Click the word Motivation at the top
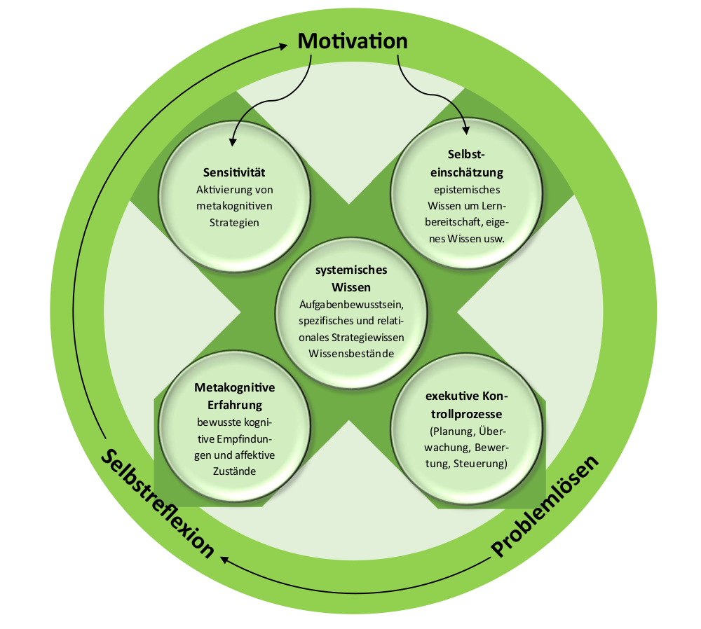click(353, 41)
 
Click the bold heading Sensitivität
click(234, 172)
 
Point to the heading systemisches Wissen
click(351, 279)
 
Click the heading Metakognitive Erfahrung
click(234, 396)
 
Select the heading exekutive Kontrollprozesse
click(465, 406)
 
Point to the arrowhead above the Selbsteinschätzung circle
click(466, 129)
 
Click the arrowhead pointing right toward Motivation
click(283, 46)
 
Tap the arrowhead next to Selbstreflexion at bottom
click(225, 558)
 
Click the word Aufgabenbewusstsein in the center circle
click(352, 305)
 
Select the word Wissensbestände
click(351, 353)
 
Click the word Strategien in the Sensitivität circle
click(234, 223)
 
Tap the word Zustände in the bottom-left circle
click(234, 471)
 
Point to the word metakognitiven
click(234, 206)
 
